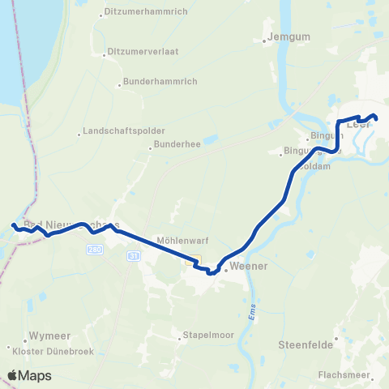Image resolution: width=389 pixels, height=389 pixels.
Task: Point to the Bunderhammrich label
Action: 155,82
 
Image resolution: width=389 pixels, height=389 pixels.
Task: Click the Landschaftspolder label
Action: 124,130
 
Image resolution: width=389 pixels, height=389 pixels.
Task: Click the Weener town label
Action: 249,265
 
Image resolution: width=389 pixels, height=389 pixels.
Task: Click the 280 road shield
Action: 94,252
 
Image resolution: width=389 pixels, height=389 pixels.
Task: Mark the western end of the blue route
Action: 13,225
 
